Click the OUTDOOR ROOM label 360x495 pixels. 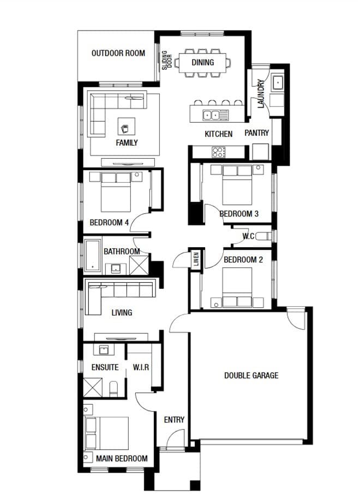point(118,53)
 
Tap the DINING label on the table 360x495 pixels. point(202,62)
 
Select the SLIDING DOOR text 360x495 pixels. point(167,60)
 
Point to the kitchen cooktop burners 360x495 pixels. point(218,152)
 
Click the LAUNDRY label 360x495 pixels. point(261,94)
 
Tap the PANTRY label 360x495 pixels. point(256,133)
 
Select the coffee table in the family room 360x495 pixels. point(126,126)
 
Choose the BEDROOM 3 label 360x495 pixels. point(239,214)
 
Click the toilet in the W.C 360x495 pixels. point(263,236)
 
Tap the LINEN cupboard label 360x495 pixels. point(196,259)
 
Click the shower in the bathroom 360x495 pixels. point(139,265)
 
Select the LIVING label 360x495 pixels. point(122,313)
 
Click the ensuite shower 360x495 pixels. point(93,387)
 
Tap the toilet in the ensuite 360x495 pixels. point(113,389)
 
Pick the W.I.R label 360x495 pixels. point(141,367)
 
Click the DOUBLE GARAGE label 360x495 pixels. point(251,375)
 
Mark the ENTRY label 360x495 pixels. point(174,420)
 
